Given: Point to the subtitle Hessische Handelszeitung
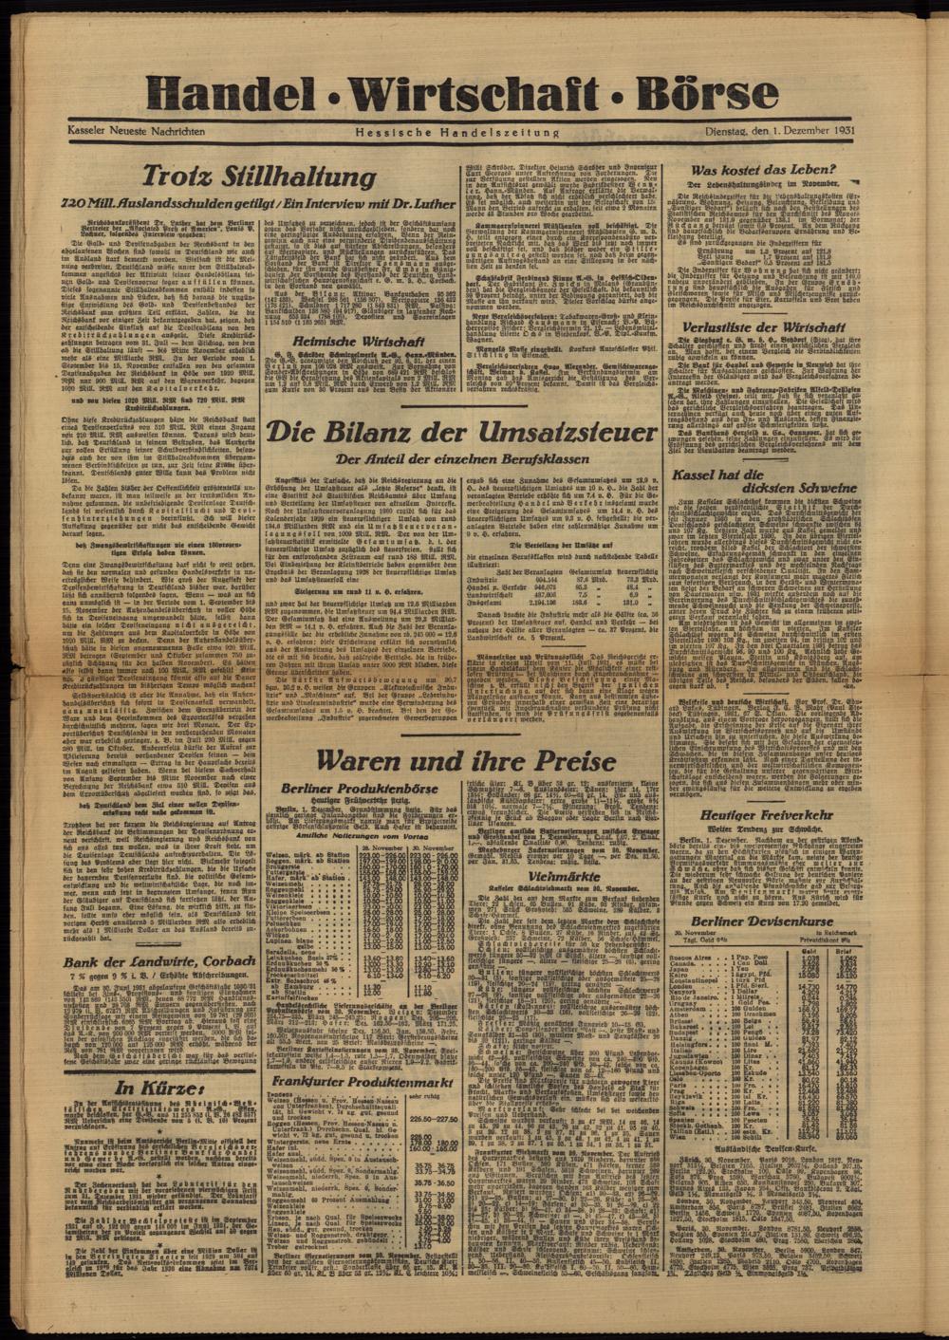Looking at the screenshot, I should (x=457, y=132).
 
